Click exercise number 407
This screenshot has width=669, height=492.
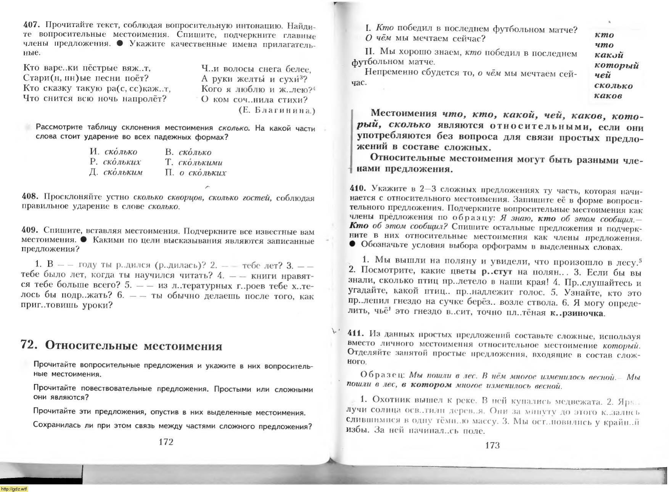pyautogui.click(x=31, y=25)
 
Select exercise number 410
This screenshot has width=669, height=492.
pyautogui.click(x=358, y=188)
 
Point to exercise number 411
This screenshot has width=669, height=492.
pyautogui.click(x=356, y=333)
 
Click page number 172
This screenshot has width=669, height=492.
pyautogui.click(x=166, y=442)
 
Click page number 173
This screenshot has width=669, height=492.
pyautogui.click(x=492, y=445)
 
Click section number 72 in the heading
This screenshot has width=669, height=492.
pyautogui.click(x=29, y=345)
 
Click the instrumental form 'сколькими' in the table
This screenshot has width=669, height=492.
pyautogui.click(x=200, y=163)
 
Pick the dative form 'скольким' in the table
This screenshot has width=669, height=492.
pyautogui.click(x=123, y=173)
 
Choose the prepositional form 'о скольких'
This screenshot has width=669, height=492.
pyautogui.click(x=203, y=173)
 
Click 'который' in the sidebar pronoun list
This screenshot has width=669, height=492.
pyautogui.click(x=616, y=65)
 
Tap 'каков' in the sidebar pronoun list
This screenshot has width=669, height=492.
pyautogui.click(x=608, y=96)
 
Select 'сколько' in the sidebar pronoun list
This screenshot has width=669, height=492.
pyautogui.click(x=613, y=86)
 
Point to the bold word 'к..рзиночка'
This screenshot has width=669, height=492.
pyautogui.click(x=577, y=313)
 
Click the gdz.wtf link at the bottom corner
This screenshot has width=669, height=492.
pyautogui.click(x=14, y=489)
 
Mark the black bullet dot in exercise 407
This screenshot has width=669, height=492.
pyautogui.click(x=120, y=43)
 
